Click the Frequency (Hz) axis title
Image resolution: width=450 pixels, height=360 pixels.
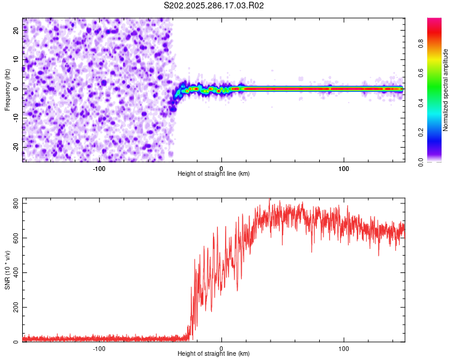(8, 90)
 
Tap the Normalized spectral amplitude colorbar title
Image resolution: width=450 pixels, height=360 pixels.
(446, 90)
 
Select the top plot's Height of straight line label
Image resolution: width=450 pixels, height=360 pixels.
(214, 173)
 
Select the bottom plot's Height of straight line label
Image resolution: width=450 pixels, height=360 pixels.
(214, 353)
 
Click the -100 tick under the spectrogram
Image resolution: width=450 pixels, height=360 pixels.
(99, 167)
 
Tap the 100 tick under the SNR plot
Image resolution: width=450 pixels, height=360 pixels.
(344, 347)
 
